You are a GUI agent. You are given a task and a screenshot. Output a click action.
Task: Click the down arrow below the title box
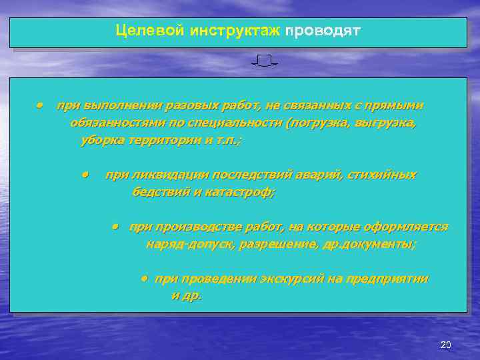(x=265, y=62)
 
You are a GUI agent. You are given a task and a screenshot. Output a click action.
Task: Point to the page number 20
(x=446, y=345)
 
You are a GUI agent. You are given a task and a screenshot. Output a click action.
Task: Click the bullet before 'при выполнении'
(x=41, y=105)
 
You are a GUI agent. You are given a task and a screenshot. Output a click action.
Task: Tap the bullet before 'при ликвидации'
(x=86, y=175)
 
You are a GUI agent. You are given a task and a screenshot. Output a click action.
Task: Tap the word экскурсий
(x=291, y=279)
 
